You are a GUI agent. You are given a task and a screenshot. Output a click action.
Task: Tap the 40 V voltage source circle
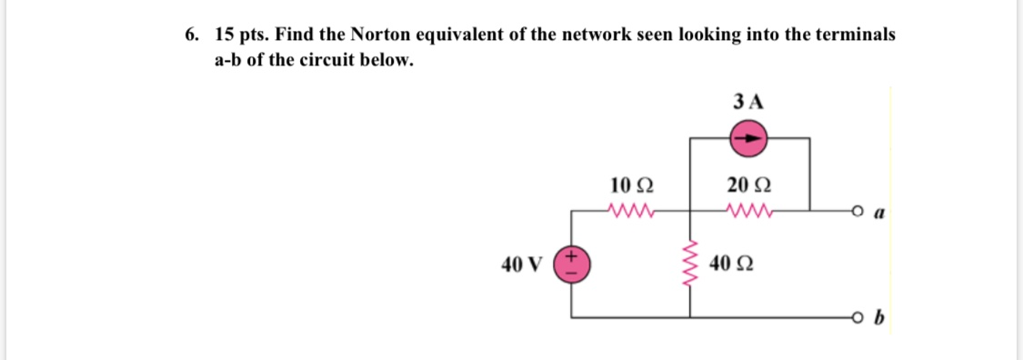point(573,265)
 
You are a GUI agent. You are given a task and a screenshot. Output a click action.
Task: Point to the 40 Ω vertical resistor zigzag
point(689,265)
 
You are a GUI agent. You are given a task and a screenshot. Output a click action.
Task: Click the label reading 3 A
point(748,101)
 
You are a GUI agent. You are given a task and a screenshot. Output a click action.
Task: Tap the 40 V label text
point(521,265)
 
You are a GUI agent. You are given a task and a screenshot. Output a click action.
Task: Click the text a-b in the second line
point(228,61)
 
